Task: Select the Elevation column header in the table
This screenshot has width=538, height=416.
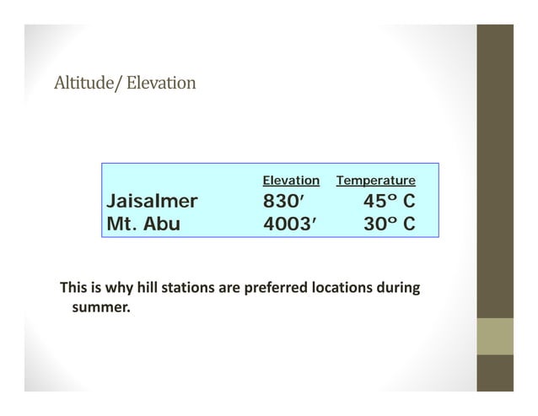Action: tap(291, 181)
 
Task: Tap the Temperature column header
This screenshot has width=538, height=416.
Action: tap(375, 181)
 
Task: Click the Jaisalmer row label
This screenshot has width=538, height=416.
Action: tap(152, 202)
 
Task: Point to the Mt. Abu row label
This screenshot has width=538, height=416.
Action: tap(143, 224)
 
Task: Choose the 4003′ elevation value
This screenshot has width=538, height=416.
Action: tap(288, 224)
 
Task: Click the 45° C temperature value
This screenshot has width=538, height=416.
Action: tap(389, 202)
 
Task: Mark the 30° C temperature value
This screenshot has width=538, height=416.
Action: tap(389, 224)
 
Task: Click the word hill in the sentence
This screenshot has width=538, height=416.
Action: tap(143, 289)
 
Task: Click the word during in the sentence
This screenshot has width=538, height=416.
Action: tap(399, 289)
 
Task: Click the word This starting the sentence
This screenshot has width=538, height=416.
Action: tap(73, 289)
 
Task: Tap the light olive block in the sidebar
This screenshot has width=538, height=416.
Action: tap(495, 336)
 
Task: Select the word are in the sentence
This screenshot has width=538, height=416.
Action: tap(229, 289)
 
